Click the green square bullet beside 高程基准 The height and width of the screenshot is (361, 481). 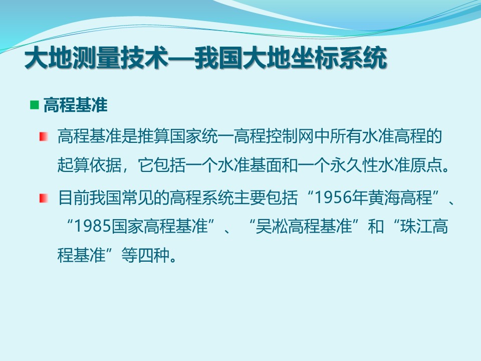pos(35,105)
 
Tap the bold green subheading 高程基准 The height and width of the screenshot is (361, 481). pos(76,105)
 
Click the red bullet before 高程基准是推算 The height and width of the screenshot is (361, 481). pos(44,136)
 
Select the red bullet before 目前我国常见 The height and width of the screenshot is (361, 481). pos(44,198)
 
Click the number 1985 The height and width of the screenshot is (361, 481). pos(93,226)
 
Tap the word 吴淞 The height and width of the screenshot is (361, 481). pos(272,226)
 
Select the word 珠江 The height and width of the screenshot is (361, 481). pos(416,226)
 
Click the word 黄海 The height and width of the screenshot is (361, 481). pos(384,198)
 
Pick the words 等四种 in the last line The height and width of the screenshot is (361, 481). pos(145,255)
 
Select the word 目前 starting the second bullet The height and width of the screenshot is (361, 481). pos(73,198)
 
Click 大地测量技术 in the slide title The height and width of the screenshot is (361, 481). pos(96,58)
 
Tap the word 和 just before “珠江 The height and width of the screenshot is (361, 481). pos(376,226)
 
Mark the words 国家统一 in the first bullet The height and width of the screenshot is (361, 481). pos(201,136)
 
